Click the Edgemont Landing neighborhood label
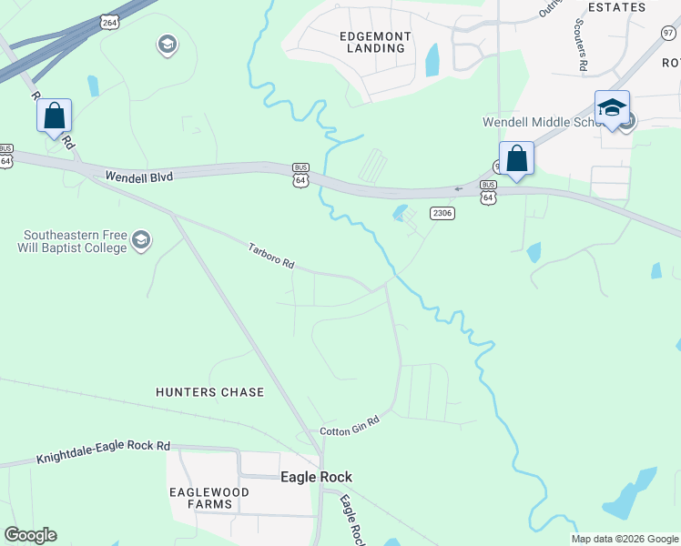375,42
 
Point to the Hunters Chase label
209,392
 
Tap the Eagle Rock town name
316,477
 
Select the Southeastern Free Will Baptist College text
73,241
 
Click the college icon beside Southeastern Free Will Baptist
141,240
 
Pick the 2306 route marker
442,213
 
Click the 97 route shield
668,33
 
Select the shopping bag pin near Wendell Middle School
517,158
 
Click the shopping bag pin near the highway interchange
55,116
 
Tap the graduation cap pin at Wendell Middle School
612,107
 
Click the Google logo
30,535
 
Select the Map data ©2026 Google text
625,539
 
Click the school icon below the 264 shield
168,44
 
